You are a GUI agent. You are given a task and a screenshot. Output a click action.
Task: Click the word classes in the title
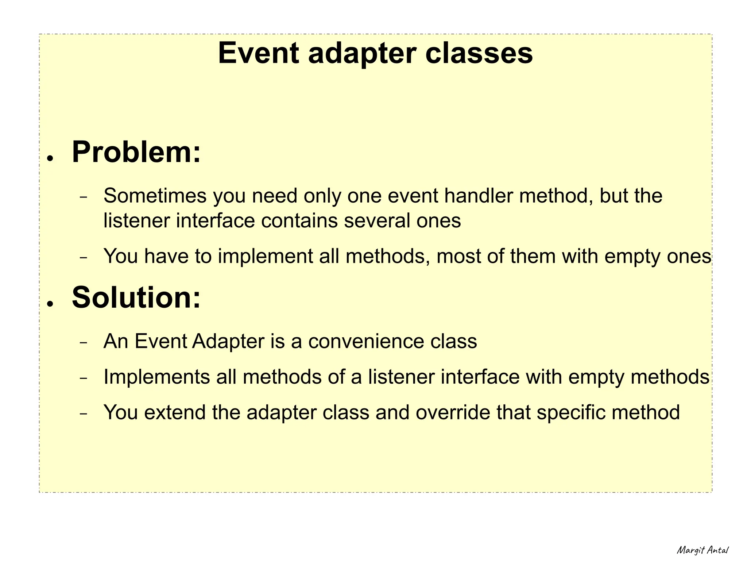pos(479,53)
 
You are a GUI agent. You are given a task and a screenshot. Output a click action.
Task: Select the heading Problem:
pos(136,152)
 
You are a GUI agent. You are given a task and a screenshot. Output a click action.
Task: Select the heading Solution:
pos(136,297)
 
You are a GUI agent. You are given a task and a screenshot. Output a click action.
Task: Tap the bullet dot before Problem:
pos(50,158)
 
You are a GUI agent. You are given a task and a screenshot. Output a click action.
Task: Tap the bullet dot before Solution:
pos(50,304)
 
